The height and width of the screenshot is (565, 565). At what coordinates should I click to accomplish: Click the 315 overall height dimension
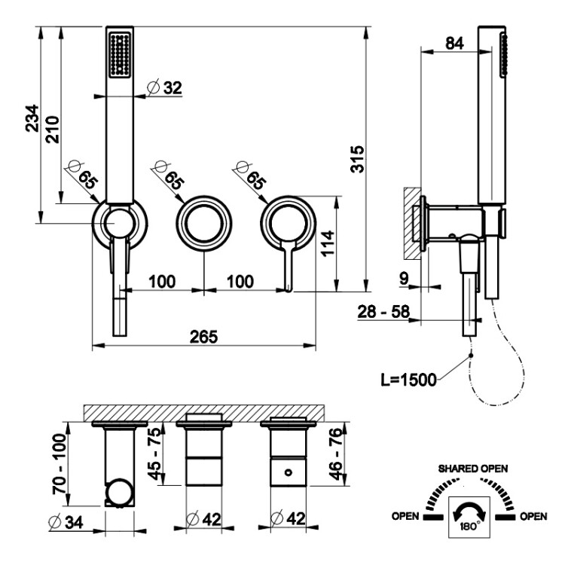[359, 159]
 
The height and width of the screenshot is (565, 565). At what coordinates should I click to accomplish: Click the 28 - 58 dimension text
[386, 311]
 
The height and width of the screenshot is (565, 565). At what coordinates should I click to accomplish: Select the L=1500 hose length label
[408, 378]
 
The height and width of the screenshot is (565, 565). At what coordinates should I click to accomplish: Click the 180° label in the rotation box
[466, 526]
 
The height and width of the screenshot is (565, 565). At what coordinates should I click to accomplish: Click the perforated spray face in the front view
[120, 53]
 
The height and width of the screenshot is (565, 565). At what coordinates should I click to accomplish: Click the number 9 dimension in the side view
[404, 279]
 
